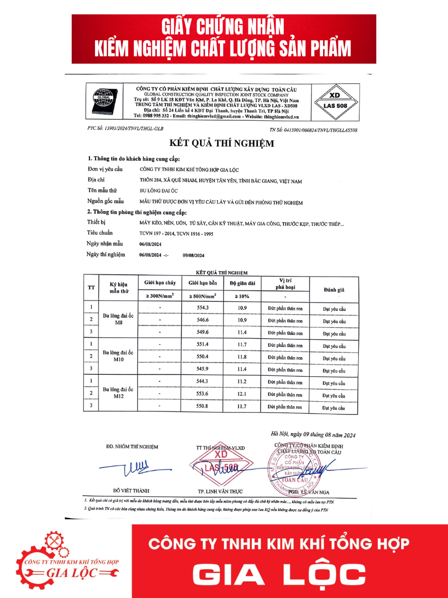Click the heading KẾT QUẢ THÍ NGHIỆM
click(222, 144)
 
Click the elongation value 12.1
click(242, 394)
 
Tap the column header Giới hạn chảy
click(160, 283)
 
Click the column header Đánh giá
click(334, 290)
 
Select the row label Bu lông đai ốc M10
click(118, 356)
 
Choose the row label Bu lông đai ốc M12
click(118, 393)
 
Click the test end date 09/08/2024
click(194, 255)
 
